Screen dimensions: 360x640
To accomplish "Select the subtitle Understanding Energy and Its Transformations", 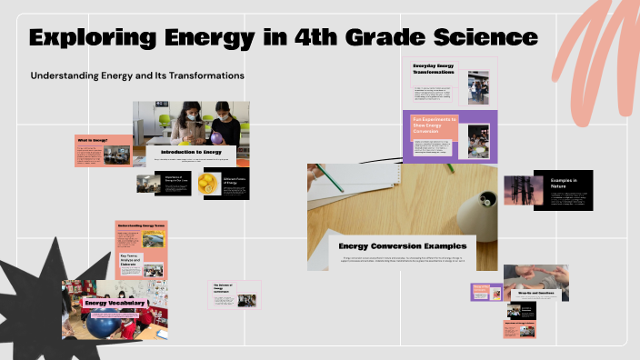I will coord(137,75).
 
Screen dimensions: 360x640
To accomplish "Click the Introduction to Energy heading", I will coord(191,151).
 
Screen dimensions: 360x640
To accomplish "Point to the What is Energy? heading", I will coord(92,140).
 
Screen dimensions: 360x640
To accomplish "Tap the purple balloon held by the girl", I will coord(221,115).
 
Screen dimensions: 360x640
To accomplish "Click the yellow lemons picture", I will coord(207,183).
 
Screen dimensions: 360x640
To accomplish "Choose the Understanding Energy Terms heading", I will coord(141,225).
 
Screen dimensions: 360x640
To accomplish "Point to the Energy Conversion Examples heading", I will coord(402,245).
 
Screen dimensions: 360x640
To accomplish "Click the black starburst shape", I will coord(36,291).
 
